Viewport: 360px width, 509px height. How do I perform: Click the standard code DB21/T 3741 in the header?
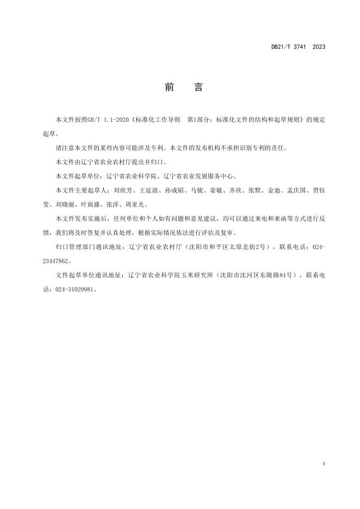tap(289, 47)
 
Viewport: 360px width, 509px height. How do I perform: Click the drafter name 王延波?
tap(148, 191)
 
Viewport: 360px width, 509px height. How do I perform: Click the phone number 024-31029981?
tap(76, 290)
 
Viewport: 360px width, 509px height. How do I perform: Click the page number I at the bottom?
tap(324, 463)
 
